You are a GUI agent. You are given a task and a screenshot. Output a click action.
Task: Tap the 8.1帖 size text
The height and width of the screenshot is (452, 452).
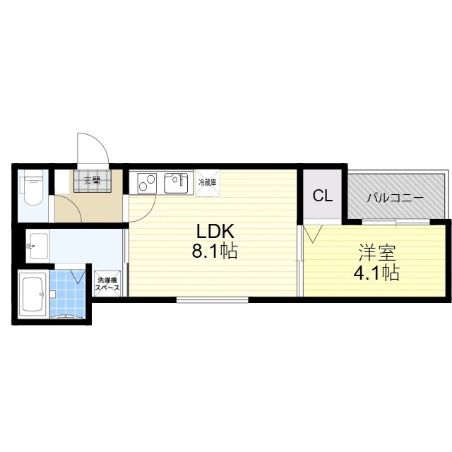215,251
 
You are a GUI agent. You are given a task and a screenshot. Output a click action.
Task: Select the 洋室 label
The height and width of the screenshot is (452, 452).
376,253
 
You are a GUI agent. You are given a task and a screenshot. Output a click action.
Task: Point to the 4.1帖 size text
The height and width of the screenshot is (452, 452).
376,273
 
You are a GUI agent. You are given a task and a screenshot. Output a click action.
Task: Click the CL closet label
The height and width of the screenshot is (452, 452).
323,196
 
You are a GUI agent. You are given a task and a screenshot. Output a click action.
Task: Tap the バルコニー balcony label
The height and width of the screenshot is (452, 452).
395,198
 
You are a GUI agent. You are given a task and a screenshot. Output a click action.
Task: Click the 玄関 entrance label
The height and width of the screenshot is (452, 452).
92,181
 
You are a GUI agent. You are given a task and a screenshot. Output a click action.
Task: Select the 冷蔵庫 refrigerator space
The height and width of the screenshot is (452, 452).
208,182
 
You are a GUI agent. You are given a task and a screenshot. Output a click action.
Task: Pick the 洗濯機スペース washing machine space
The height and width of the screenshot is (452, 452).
107,284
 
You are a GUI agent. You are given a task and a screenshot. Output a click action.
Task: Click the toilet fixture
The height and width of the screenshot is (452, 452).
32,187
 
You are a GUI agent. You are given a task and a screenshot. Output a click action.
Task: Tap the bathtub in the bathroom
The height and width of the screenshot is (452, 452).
32,295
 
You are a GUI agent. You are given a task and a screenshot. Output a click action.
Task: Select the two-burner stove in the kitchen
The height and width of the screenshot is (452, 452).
147,183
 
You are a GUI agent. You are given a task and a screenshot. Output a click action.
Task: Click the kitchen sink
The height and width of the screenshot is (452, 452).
176,183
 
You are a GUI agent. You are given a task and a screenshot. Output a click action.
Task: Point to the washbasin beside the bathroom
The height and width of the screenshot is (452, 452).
37,246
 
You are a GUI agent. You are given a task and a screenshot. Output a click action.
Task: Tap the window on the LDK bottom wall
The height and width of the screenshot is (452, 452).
213,299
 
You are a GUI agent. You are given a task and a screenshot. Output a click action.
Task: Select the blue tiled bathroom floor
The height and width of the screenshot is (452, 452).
68,294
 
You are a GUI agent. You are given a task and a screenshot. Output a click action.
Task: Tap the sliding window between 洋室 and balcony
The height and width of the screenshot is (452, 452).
396,222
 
